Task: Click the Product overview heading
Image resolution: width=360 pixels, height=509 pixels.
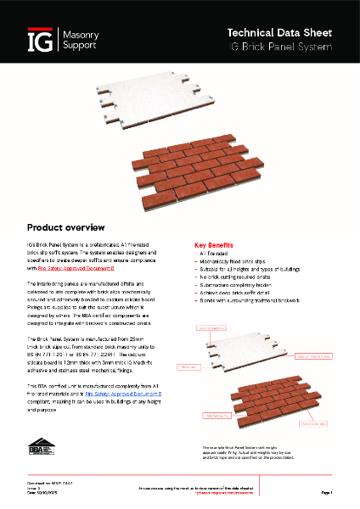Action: (66, 227)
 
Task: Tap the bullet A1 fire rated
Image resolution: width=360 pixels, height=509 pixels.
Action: (217, 254)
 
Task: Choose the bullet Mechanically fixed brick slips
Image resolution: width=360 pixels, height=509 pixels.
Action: (237, 262)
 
